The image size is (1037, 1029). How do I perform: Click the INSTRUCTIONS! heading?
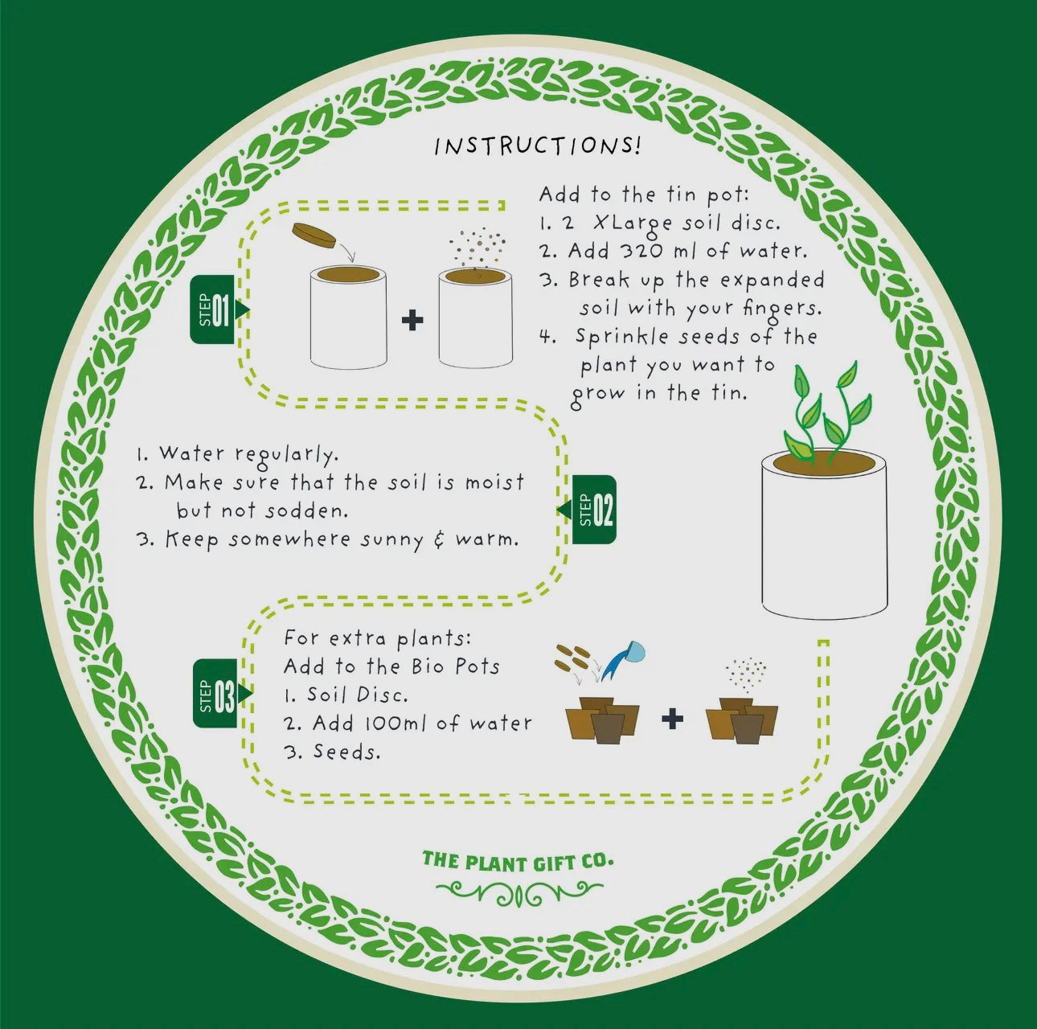click(538, 146)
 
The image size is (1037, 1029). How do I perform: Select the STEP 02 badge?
click(587, 509)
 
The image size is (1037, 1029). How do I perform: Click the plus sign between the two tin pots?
click(412, 321)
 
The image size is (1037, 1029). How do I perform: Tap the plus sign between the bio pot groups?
click(672, 719)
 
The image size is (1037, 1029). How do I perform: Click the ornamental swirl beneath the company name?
click(520, 894)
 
